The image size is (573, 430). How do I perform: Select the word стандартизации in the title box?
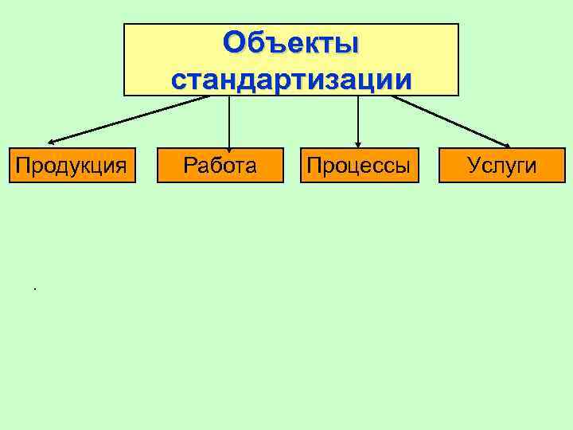[x=291, y=80]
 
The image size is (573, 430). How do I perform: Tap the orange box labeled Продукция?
[x=72, y=165]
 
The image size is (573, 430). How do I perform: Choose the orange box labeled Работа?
[x=220, y=165]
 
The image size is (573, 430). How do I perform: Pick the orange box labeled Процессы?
[x=359, y=165]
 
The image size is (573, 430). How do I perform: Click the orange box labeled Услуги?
[x=501, y=165]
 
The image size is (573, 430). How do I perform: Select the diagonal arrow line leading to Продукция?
[x=127, y=119]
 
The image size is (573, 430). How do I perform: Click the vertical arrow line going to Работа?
[x=229, y=119]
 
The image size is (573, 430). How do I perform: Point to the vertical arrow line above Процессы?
[x=358, y=119]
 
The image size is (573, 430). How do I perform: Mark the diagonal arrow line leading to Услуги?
[x=450, y=120]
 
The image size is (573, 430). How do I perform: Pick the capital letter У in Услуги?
[x=474, y=165]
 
